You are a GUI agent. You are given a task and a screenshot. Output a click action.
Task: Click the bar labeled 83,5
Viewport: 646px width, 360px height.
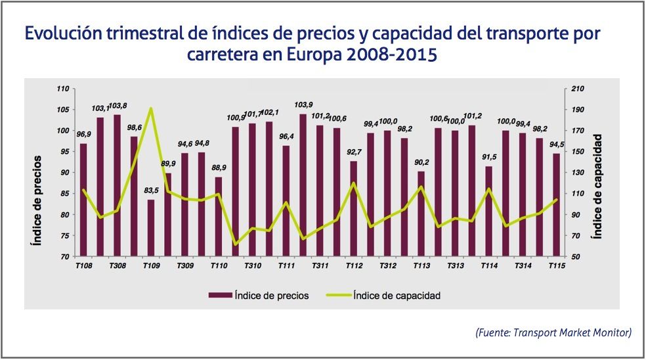click(x=151, y=228)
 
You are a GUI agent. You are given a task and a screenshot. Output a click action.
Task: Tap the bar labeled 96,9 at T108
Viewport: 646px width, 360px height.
click(x=83, y=200)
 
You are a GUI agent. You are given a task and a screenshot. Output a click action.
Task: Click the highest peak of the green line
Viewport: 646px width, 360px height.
click(x=151, y=108)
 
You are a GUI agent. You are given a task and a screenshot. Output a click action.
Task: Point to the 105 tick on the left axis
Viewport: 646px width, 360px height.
click(x=63, y=110)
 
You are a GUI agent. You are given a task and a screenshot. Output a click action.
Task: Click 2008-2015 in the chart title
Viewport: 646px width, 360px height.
click(x=381, y=54)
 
